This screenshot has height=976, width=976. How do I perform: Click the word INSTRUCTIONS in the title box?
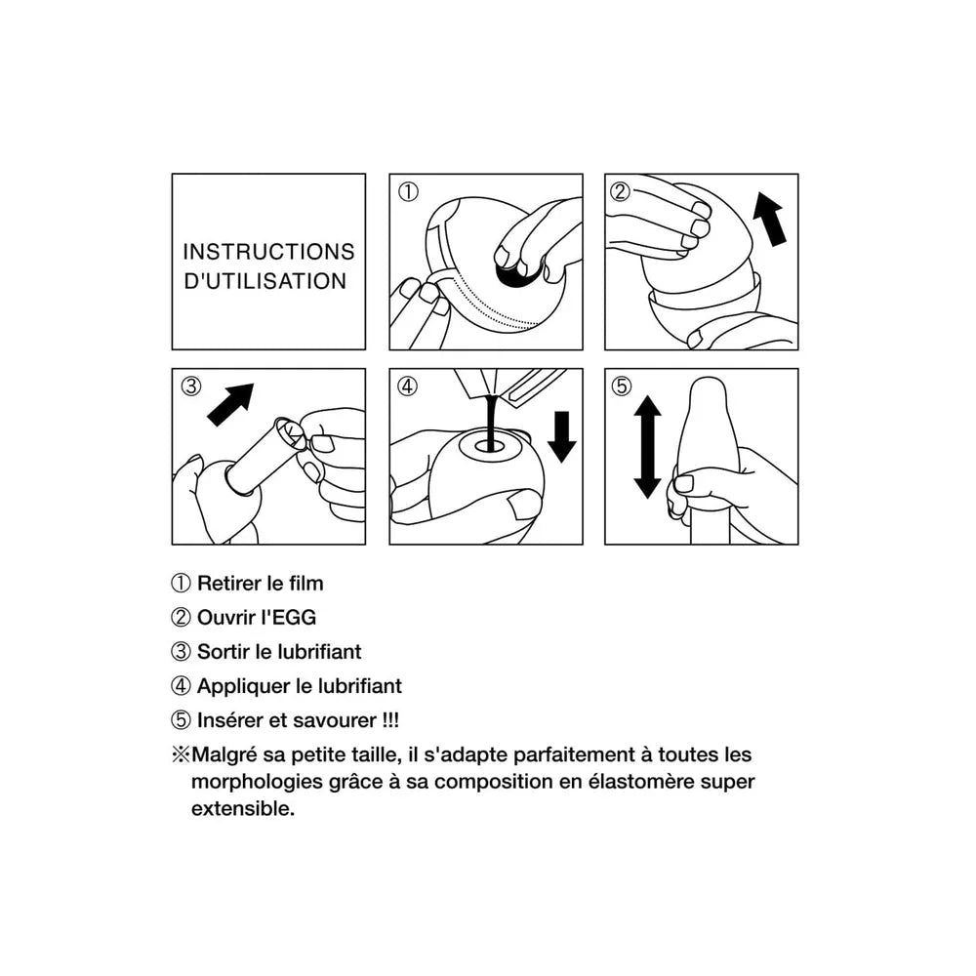[268, 252]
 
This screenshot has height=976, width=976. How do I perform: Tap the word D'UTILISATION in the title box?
[265, 281]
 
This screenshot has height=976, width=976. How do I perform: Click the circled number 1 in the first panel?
[408, 191]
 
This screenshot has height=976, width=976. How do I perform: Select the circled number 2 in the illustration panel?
[620, 190]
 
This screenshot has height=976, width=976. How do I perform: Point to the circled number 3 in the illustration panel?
[191, 386]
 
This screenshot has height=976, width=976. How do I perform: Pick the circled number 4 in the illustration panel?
[407, 386]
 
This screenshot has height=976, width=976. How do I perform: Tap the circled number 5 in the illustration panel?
[621, 386]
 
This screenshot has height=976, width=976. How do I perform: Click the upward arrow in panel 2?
[769, 219]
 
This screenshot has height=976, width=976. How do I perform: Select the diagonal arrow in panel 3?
[230, 405]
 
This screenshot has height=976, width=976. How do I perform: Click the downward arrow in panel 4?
[562, 436]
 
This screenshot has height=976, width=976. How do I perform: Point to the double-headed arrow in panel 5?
[647, 447]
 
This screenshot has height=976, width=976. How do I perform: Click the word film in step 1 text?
[306, 584]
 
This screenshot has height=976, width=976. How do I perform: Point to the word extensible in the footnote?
[243, 808]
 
